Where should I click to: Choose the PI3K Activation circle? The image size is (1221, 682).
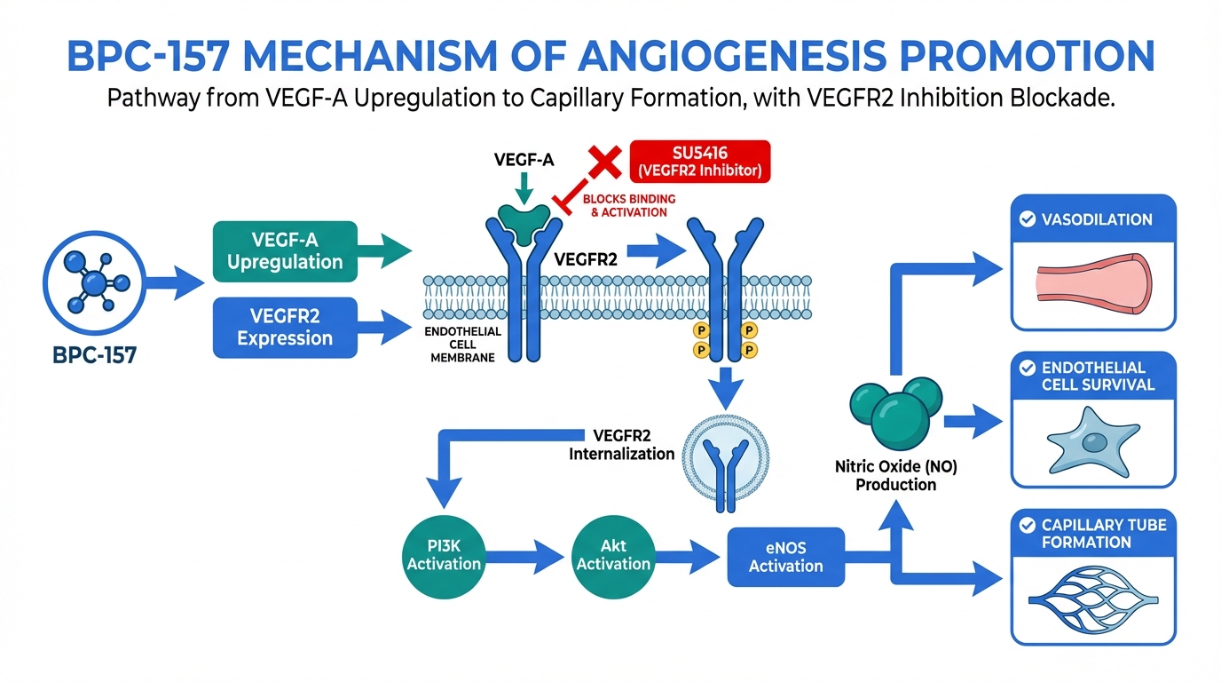point(444,553)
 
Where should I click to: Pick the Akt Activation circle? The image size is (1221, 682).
point(613,553)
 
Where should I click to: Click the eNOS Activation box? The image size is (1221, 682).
point(785,557)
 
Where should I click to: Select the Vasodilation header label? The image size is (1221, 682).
point(1098,219)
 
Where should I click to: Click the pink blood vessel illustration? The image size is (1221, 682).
point(1094,283)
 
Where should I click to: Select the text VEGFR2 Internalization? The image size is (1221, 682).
point(622,445)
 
